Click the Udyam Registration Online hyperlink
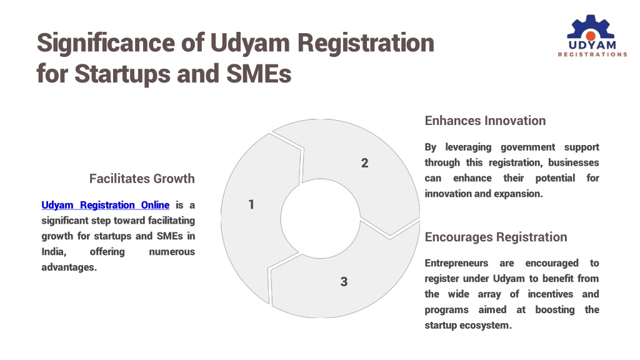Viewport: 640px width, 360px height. click(x=105, y=205)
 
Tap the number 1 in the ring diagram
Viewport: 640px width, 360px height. click(x=251, y=204)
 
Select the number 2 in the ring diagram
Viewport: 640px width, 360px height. click(x=364, y=163)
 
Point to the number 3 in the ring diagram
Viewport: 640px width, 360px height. click(x=344, y=282)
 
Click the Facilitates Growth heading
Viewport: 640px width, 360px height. click(x=142, y=178)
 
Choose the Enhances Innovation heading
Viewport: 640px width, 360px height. click(x=485, y=121)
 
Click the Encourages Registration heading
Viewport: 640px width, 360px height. click(x=496, y=237)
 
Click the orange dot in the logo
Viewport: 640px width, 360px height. click(x=591, y=36)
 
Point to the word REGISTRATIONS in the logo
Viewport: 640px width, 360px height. click(x=592, y=54)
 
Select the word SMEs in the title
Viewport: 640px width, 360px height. click(x=259, y=74)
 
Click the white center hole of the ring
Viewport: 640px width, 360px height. click(x=321, y=218)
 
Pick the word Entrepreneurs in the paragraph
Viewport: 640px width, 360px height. click(x=456, y=263)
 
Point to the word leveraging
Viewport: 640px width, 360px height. click(x=468, y=147)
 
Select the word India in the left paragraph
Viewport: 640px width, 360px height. click(x=54, y=251)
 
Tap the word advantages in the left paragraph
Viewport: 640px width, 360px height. click(x=69, y=267)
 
